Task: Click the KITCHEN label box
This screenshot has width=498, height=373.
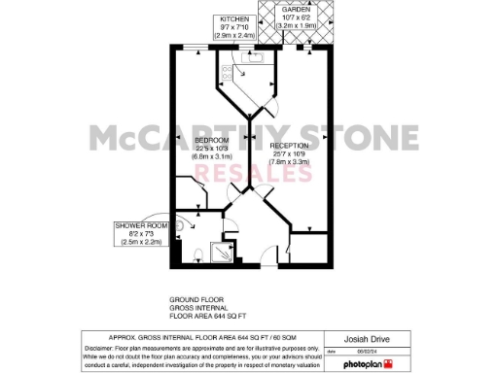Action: point(233,26)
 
